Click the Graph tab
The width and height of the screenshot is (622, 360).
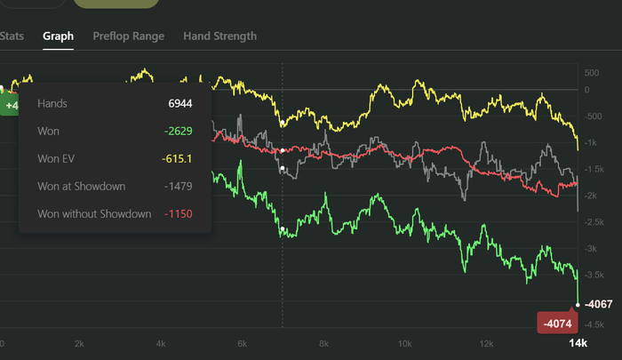click(x=59, y=36)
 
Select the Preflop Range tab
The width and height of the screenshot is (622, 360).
click(x=128, y=36)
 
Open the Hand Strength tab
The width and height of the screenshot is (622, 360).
click(x=219, y=36)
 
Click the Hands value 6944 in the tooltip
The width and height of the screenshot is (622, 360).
click(x=180, y=103)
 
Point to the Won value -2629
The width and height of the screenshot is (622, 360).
click(x=178, y=131)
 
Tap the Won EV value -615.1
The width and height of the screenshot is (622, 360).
click(x=178, y=158)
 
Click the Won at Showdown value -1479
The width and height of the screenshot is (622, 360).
click(x=178, y=186)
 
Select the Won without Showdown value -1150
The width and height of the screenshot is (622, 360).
click(x=178, y=213)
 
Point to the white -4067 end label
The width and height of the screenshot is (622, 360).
click(x=600, y=305)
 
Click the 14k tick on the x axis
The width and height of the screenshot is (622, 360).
click(x=578, y=343)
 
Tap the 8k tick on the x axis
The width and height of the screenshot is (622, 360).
click(x=323, y=343)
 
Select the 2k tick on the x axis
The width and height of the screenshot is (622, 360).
click(x=79, y=343)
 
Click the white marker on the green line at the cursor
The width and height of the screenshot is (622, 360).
click(x=283, y=229)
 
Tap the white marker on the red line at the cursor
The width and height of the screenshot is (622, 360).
click(x=283, y=151)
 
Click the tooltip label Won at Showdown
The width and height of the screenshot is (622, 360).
click(x=81, y=186)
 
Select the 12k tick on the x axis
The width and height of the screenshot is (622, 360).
click(x=486, y=343)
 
